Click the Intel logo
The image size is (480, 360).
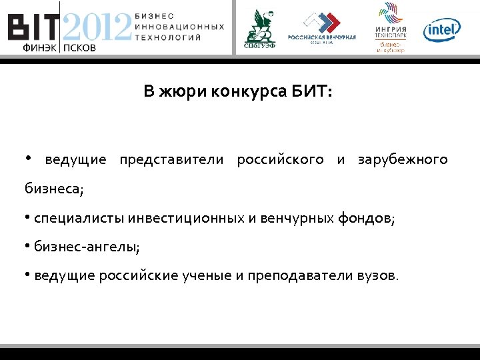[x=442, y=29]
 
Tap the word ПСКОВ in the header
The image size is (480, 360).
[x=81, y=48]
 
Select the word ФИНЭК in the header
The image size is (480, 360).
[x=40, y=48]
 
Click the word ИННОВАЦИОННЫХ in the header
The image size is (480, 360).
[x=179, y=26]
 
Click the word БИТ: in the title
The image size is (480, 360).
[x=311, y=91]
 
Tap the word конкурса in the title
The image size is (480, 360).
[x=247, y=91]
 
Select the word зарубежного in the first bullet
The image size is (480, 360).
[x=403, y=160]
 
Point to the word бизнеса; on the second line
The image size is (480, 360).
[x=54, y=189]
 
